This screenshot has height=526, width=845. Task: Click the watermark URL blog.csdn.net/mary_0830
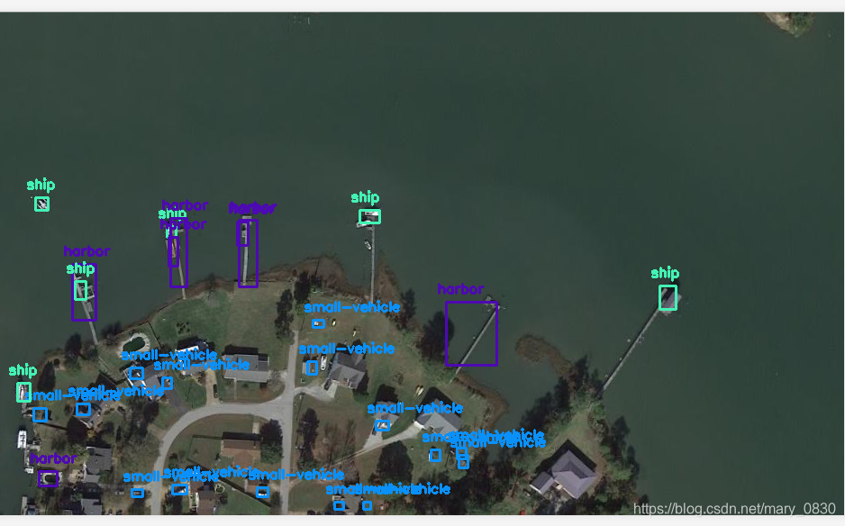point(734,509)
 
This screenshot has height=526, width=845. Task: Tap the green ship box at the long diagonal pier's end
point(668,297)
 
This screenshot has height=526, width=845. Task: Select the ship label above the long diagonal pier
point(665,273)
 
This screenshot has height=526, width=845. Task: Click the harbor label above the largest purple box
point(460,289)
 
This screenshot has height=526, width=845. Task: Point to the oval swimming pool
point(135,342)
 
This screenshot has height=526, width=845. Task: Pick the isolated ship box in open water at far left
point(41,204)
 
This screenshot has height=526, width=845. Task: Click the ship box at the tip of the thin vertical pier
point(369,217)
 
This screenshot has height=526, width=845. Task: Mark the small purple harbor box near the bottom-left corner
point(48,478)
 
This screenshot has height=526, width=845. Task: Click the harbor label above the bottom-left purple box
point(52,459)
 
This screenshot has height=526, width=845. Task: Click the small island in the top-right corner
point(792,23)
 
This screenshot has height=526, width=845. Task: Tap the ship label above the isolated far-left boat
point(41,186)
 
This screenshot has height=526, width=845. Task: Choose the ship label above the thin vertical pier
point(365,197)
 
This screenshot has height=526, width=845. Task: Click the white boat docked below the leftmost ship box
point(22,439)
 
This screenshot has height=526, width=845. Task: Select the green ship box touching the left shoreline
point(23,392)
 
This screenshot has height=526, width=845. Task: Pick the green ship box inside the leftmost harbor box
point(81,290)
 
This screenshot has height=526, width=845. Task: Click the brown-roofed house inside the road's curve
point(240,446)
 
